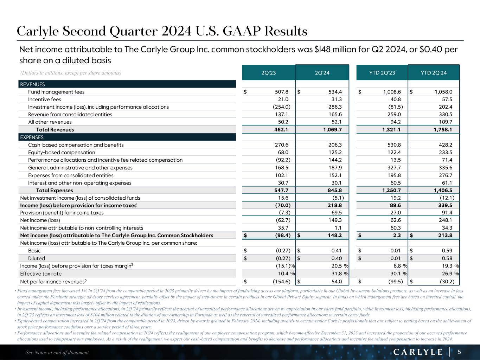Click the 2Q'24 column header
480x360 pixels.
[322, 73]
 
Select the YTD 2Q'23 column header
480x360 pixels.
[382, 73]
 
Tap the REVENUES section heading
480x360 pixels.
[32, 84]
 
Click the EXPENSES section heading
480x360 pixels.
[32, 137]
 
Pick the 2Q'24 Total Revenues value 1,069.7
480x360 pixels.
[332, 130]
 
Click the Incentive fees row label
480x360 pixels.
[44, 99]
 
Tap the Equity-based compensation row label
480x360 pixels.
[62, 153]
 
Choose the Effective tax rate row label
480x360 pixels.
[41, 274]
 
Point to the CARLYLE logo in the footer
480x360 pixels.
[418, 352]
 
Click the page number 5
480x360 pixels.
[459, 352]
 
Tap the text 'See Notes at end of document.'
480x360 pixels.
[58, 352]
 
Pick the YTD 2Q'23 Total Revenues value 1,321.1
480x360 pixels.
[389, 130]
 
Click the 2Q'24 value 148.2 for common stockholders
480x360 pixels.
[334, 236]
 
